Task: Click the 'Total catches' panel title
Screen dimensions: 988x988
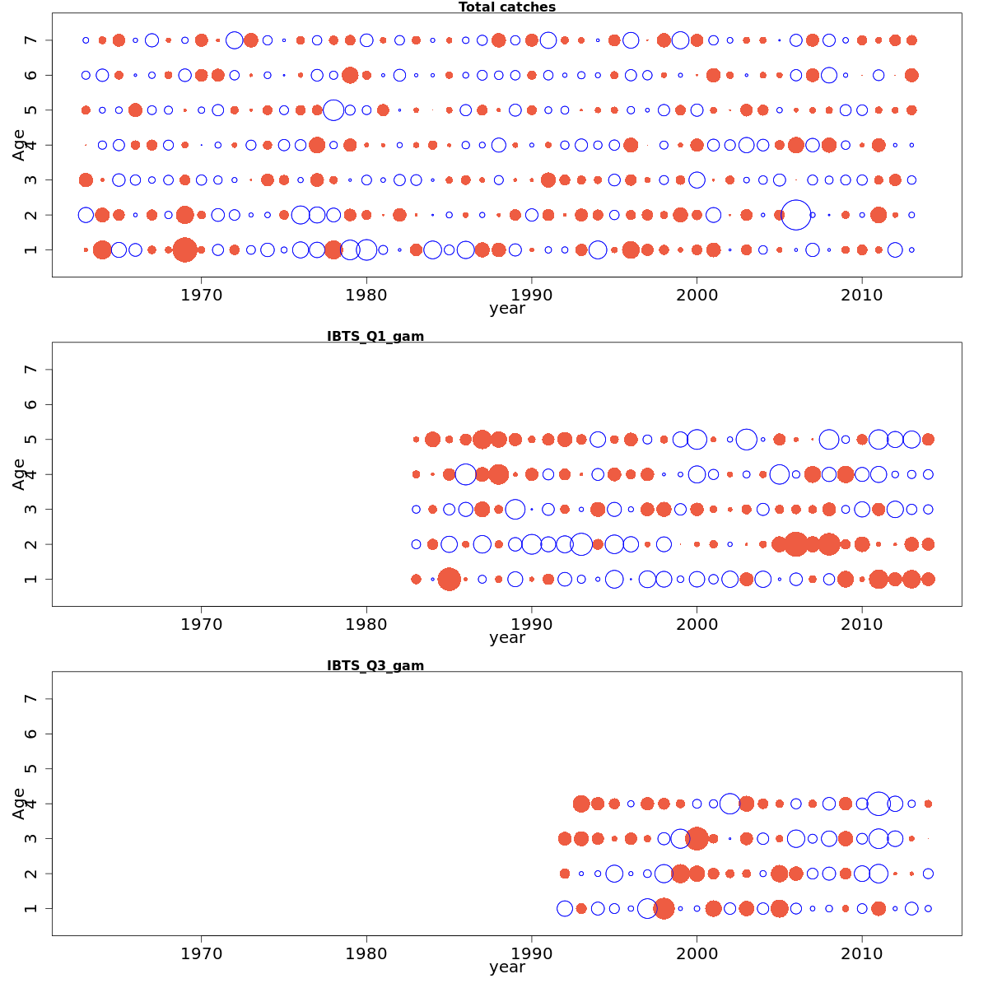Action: pos(506,7)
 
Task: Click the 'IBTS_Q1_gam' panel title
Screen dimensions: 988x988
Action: pos(375,336)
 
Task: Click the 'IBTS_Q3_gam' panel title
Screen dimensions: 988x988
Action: pos(375,665)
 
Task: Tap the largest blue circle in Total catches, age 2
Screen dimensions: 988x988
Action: pos(795,215)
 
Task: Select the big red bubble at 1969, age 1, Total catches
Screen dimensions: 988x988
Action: pos(184,249)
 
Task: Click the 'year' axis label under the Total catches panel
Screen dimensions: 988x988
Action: pos(506,309)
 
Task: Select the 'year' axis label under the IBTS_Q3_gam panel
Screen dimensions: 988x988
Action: pos(506,967)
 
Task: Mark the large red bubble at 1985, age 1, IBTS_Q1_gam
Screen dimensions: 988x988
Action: pos(449,579)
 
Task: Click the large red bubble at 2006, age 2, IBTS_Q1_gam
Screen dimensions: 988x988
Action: pos(795,544)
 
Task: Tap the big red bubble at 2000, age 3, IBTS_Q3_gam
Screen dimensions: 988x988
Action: pos(697,838)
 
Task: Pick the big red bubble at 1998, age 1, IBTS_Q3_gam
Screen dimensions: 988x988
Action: pos(664,908)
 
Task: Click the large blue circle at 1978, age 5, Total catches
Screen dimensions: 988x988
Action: pos(333,110)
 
